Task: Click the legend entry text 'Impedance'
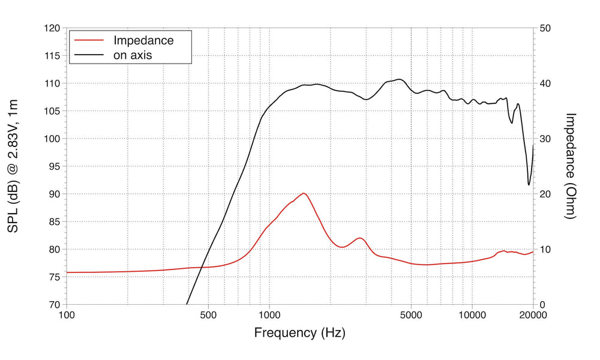[143, 41]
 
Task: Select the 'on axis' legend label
[133, 55]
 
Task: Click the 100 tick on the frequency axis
[66, 314]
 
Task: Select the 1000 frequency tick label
[269, 314]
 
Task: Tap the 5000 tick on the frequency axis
[411, 314]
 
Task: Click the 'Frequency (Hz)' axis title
[299, 332]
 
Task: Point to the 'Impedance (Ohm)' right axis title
[571, 166]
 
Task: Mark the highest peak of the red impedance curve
[304, 193]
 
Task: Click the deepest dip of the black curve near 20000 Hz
[529, 184]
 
